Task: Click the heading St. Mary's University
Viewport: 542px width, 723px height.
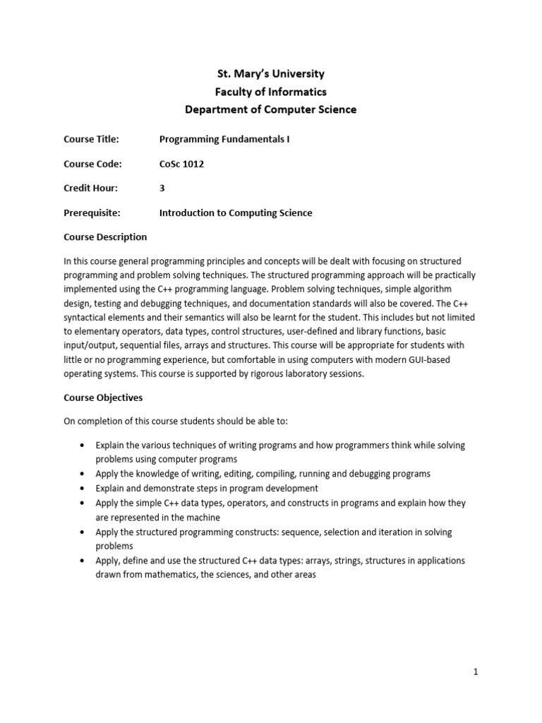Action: tap(270, 73)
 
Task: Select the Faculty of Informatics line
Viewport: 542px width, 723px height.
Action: tap(270, 92)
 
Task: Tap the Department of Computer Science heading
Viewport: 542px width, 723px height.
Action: tap(270, 109)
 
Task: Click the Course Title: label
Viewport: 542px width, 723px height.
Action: tap(92, 140)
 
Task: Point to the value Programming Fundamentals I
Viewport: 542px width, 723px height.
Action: tap(224, 140)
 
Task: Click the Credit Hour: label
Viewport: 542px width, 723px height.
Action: tap(91, 189)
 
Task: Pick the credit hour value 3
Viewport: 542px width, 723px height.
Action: tap(162, 189)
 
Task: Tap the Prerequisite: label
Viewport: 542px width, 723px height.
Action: tap(92, 213)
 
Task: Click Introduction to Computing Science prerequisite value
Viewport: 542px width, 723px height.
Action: tap(236, 213)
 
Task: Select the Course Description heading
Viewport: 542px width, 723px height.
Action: tap(105, 237)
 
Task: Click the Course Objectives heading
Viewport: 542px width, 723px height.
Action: tap(103, 398)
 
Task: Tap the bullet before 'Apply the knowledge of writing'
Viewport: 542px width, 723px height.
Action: tap(83, 474)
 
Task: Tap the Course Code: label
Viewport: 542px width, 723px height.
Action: tap(92, 164)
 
